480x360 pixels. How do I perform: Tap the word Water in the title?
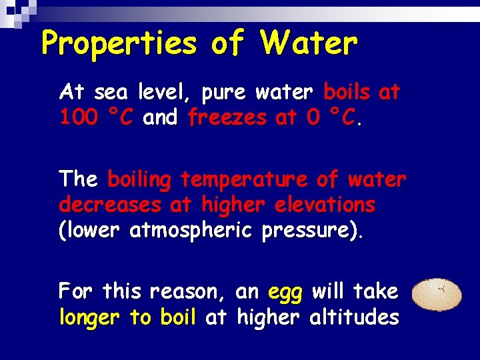(x=309, y=44)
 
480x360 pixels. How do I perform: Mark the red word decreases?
(x=110, y=204)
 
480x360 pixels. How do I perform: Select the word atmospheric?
(x=193, y=231)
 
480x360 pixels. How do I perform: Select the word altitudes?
(x=355, y=317)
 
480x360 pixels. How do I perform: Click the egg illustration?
(x=438, y=295)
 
